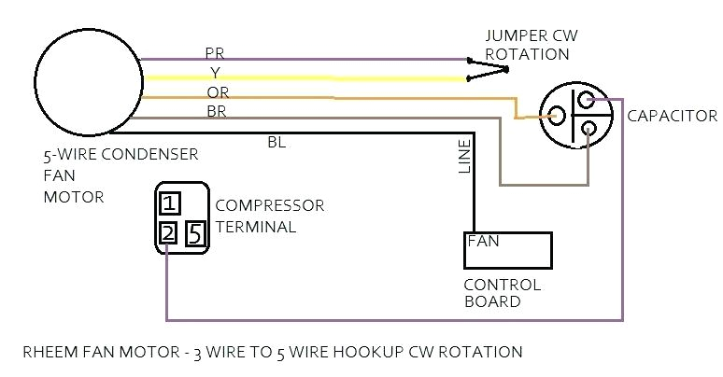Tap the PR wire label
[x=215, y=53]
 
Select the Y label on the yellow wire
[x=215, y=72]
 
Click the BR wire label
[x=216, y=110]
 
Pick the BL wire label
[x=276, y=142]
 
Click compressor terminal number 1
[x=169, y=202]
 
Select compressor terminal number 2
[x=168, y=232]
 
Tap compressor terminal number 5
[x=195, y=232]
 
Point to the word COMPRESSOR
[x=269, y=205]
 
